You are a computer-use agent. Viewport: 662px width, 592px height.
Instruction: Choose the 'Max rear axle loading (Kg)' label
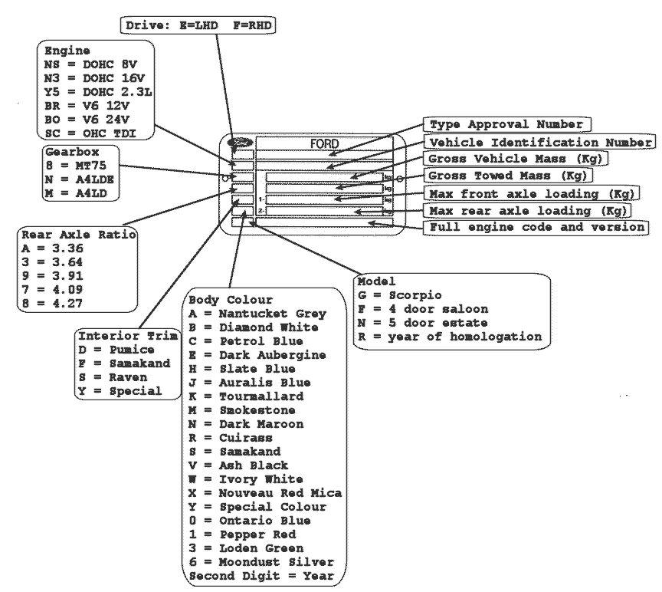coord(528,210)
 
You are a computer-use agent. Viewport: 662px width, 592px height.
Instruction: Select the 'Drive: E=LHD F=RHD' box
coord(198,25)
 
